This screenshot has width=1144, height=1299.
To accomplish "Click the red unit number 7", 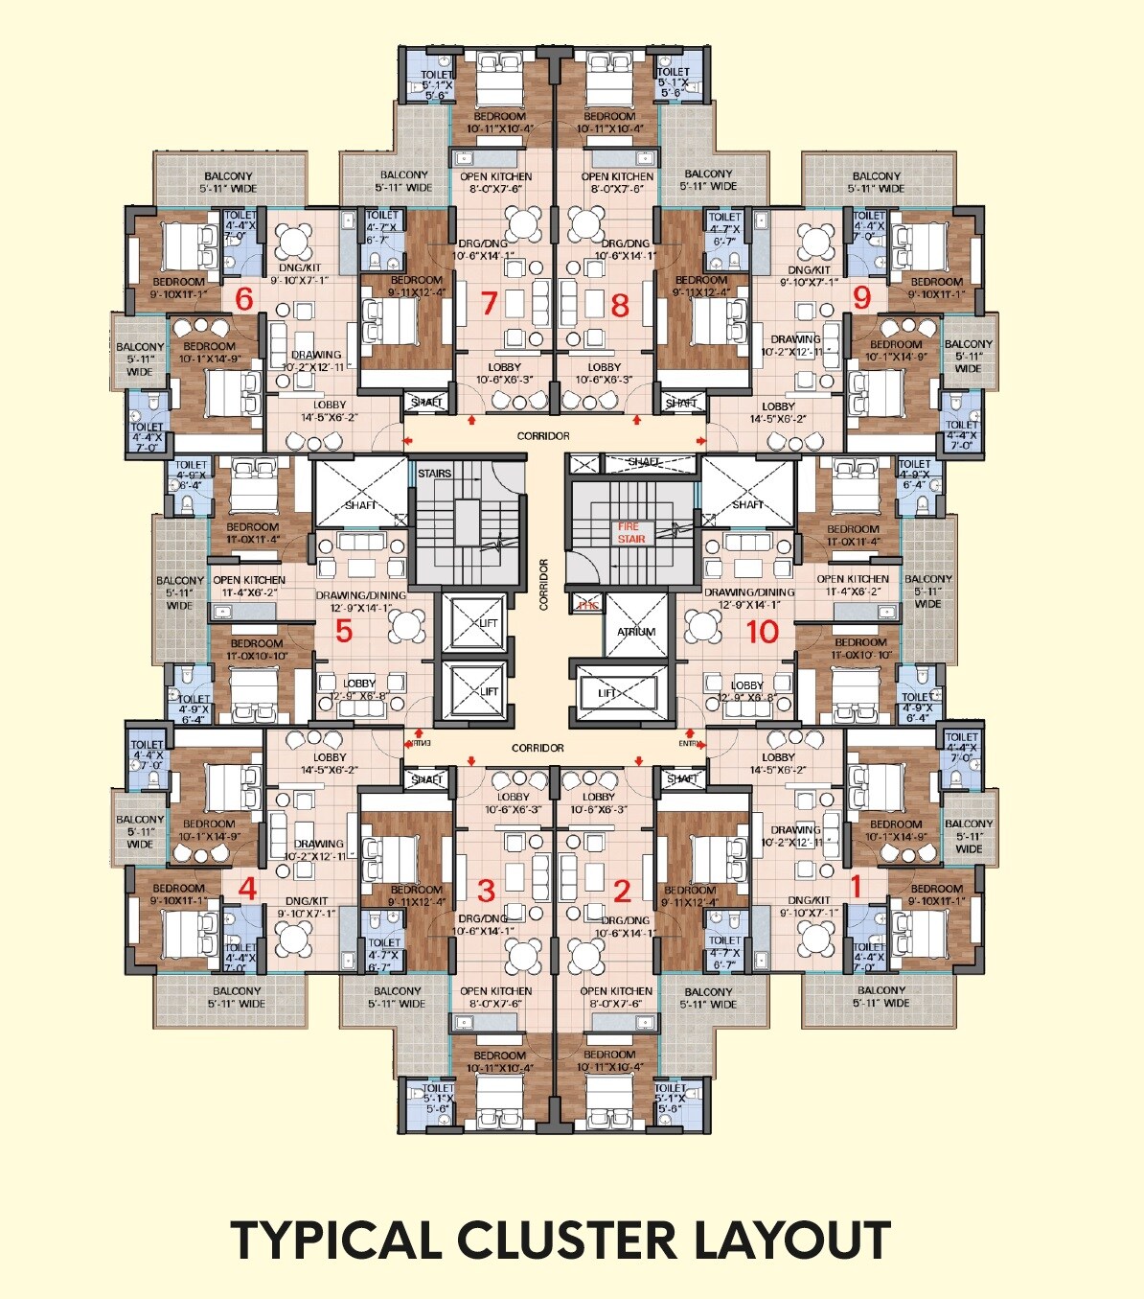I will pyautogui.click(x=489, y=304).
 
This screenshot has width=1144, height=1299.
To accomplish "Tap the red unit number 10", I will pyautogui.click(x=763, y=632).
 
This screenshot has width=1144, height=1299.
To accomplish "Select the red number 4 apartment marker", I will pyautogui.click(x=247, y=889).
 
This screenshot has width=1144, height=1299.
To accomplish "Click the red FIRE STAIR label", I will pyautogui.click(x=630, y=533).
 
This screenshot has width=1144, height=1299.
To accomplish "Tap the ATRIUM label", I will pyautogui.click(x=636, y=632).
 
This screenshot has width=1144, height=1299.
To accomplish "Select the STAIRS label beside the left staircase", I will pyautogui.click(x=435, y=474).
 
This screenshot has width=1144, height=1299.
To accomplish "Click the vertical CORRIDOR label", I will pyautogui.click(x=543, y=585).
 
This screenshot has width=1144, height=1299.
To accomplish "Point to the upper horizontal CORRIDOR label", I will pyautogui.click(x=543, y=436).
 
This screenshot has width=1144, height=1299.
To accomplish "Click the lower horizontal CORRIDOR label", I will pyautogui.click(x=538, y=748).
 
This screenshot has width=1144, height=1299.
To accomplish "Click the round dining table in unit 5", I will pyautogui.click(x=406, y=627).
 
